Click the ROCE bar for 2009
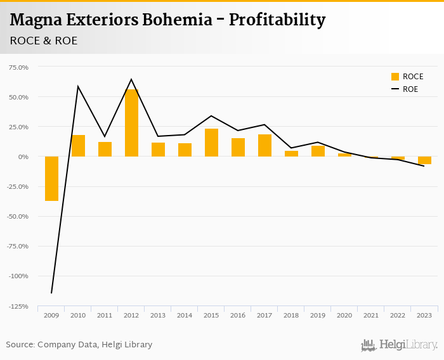pos(51,179)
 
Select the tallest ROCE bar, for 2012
pos(131,123)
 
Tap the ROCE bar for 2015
pos(211,143)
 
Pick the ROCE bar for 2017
pos(264,145)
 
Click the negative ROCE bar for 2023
pos(424,160)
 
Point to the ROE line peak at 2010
pos(78,86)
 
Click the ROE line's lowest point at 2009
pos(51,293)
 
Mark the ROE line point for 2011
pos(105,137)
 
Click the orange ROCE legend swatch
pos(395,77)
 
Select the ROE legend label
pos(410,89)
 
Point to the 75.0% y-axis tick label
pos(18,67)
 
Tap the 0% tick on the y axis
pos(23,157)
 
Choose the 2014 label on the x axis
pos(185,315)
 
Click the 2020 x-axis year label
pos(344,315)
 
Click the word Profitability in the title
pos(277,20)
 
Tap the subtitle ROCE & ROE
pos(44,41)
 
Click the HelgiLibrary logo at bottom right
pos(400,345)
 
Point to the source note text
pos(79,345)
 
